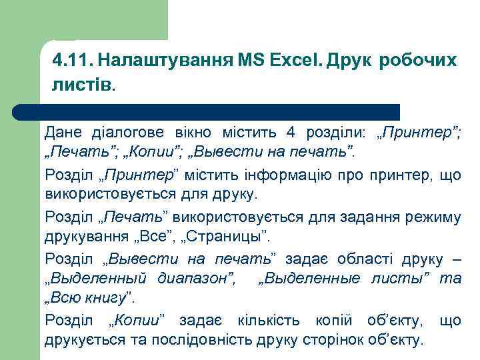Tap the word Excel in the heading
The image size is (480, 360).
pos(293,61)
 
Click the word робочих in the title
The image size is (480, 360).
pos(418,61)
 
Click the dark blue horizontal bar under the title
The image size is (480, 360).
pos(220,112)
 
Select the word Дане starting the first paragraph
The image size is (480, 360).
pos(63,131)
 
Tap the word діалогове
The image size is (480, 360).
pos(120,131)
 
